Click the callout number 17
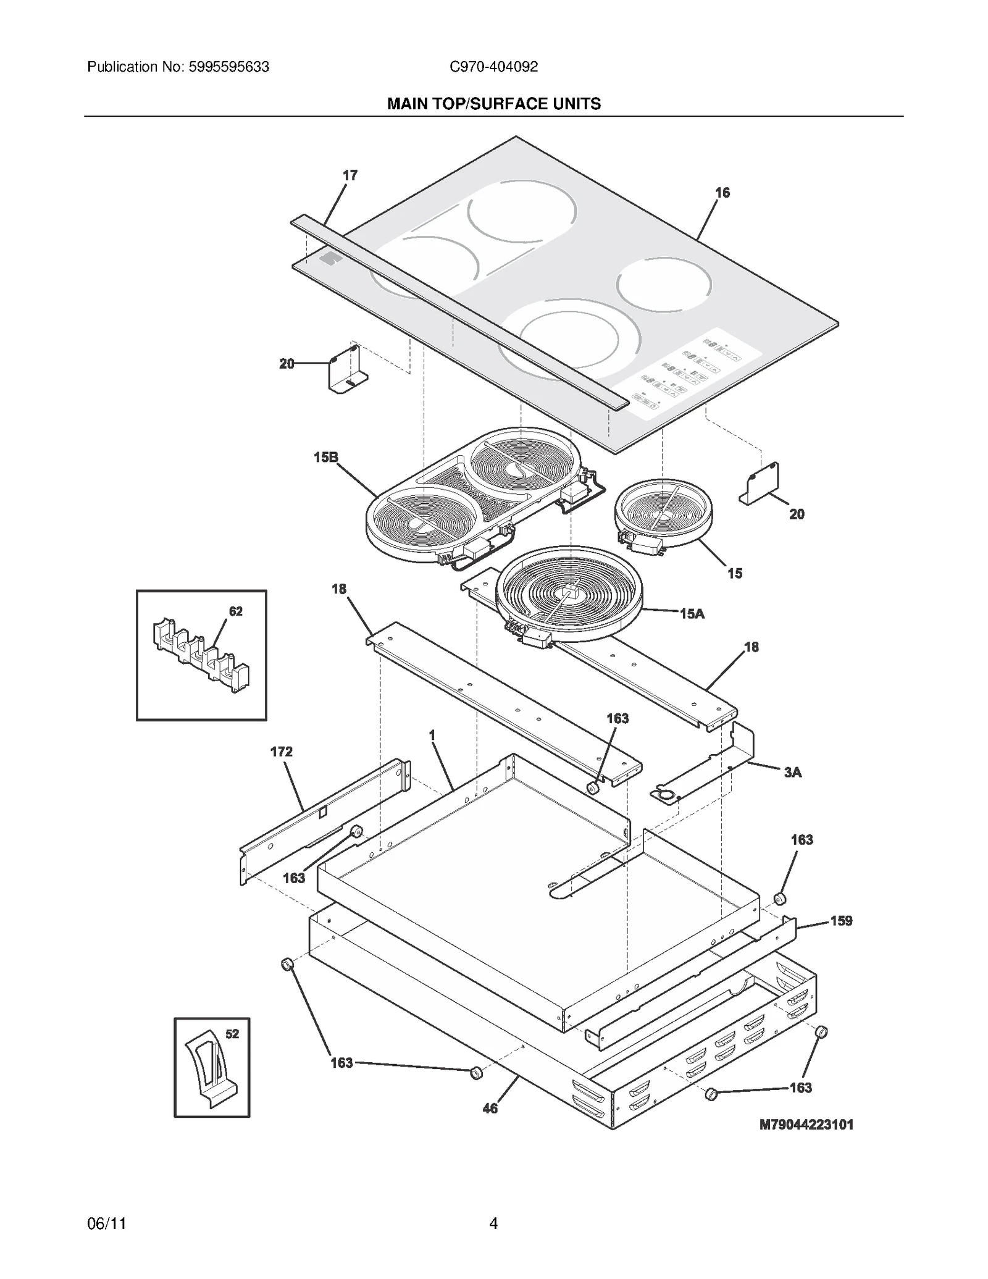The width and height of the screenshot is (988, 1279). [x=350, y=175]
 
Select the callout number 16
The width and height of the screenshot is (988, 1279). [x=722, y=193]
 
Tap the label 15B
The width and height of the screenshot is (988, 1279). [x=326, y=457]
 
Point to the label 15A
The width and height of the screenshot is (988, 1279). [x=692, y=613]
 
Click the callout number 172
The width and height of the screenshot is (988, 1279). [x=281, y=752]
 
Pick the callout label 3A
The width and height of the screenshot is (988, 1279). [x=793, y=772]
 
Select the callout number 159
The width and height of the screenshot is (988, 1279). [x=841, y=920]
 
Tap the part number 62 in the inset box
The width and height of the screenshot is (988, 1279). [x=236, y=611]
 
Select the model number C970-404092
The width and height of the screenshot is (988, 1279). [x=493, y=67]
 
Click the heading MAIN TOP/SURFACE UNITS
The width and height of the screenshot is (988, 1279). [x=493, y=104]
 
